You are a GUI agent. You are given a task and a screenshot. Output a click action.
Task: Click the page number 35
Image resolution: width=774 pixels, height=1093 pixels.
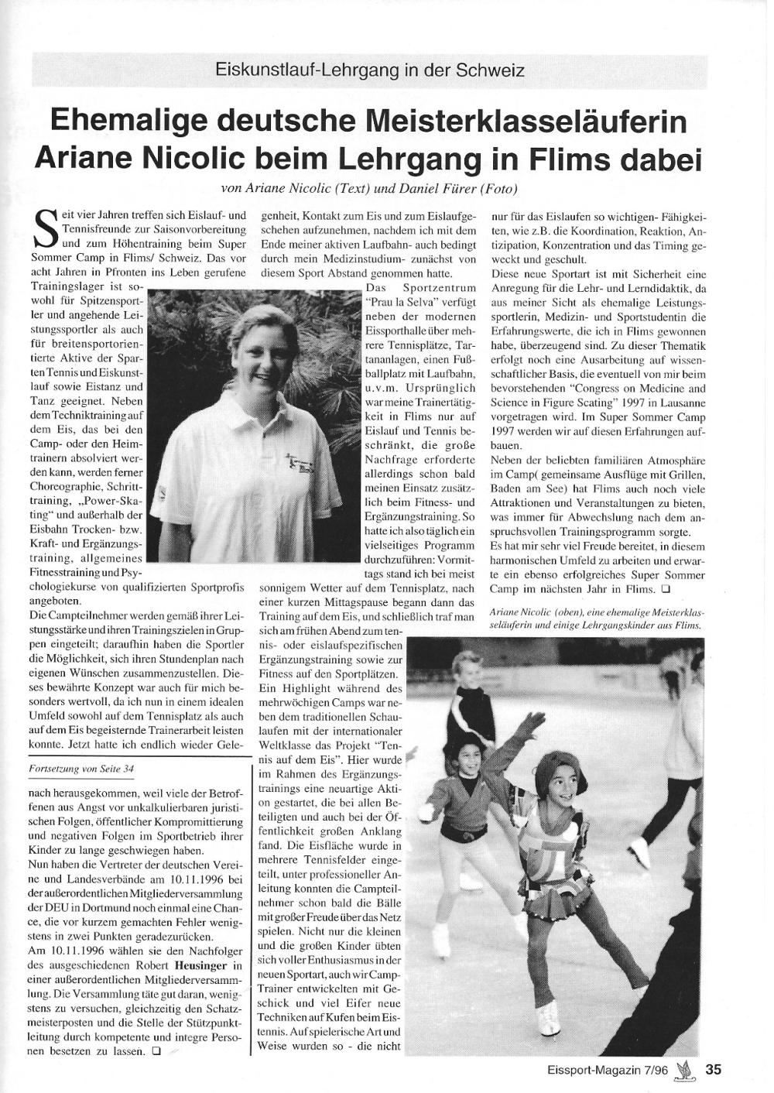714,1069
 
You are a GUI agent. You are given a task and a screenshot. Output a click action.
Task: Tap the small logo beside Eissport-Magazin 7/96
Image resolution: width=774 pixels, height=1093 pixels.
683,1069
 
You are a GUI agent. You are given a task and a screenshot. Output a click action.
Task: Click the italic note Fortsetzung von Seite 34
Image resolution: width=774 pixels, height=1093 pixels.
81,769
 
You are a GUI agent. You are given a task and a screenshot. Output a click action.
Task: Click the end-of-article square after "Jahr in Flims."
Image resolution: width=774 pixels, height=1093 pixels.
665,590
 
